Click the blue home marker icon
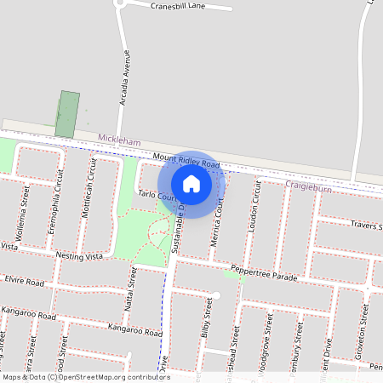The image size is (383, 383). point(191,184)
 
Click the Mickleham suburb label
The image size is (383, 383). point(118,138)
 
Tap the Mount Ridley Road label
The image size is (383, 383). point(186,160)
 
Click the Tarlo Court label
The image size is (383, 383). point(157,196)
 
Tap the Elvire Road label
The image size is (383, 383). point(24,280)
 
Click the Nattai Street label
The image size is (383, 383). point(132,286)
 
